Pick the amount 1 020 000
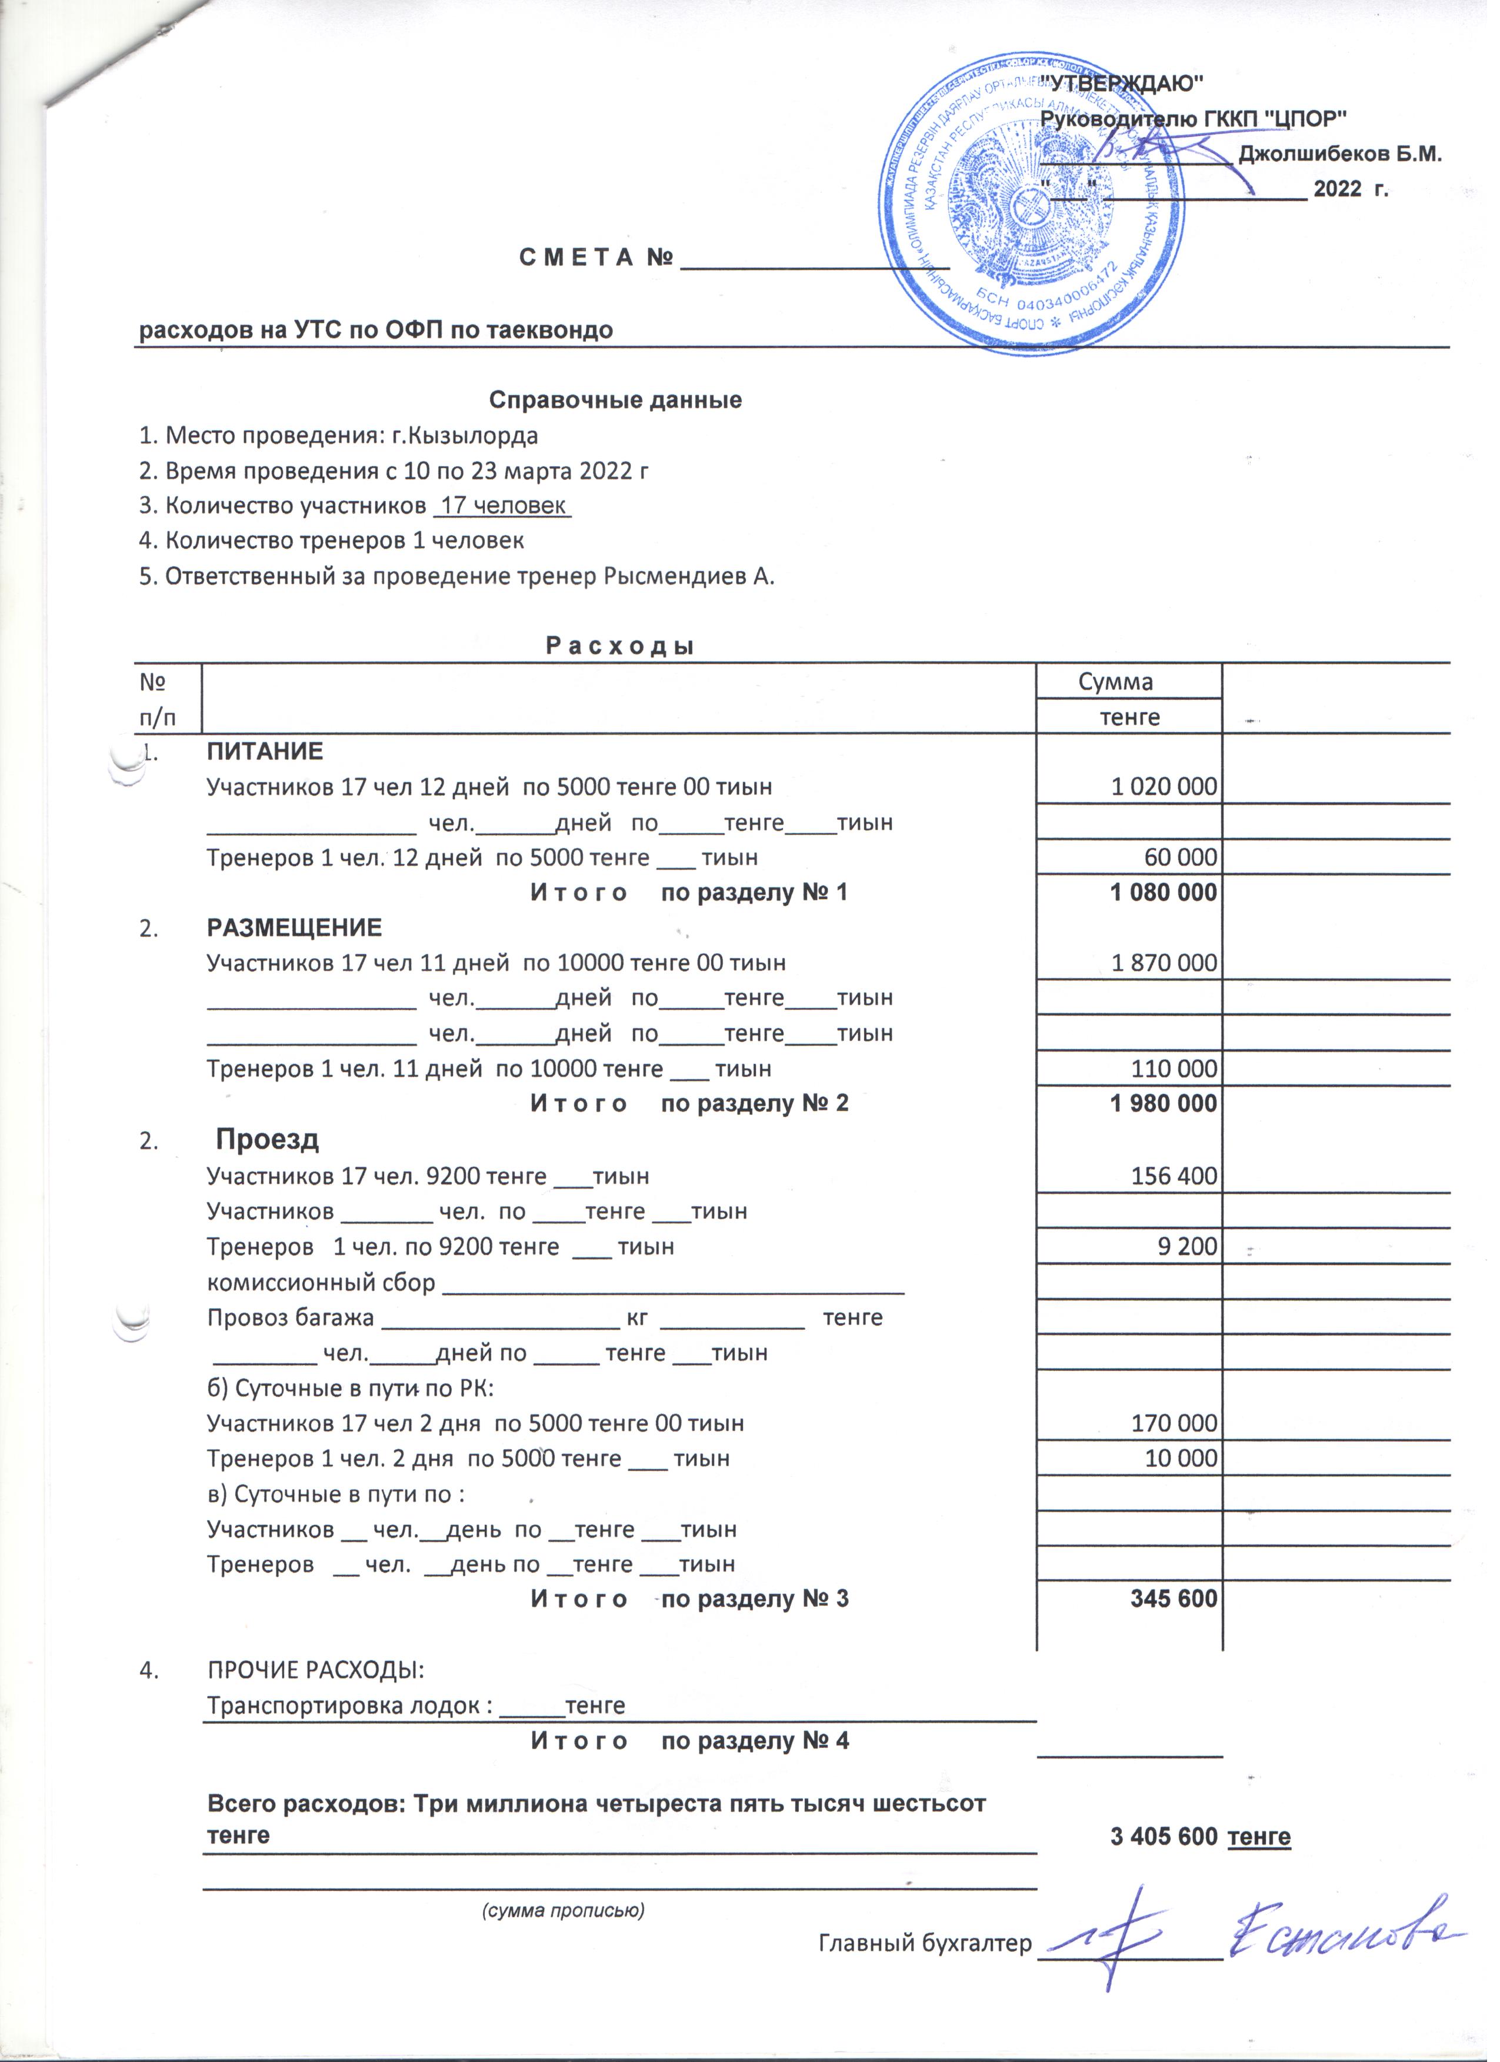click(x=1174, y=793)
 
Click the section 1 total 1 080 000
click(x=1173, y=899)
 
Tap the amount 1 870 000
click(x=1174, y=970)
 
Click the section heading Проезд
click(x=269, y=1148)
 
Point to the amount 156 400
click(x=1183, y=1185)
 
